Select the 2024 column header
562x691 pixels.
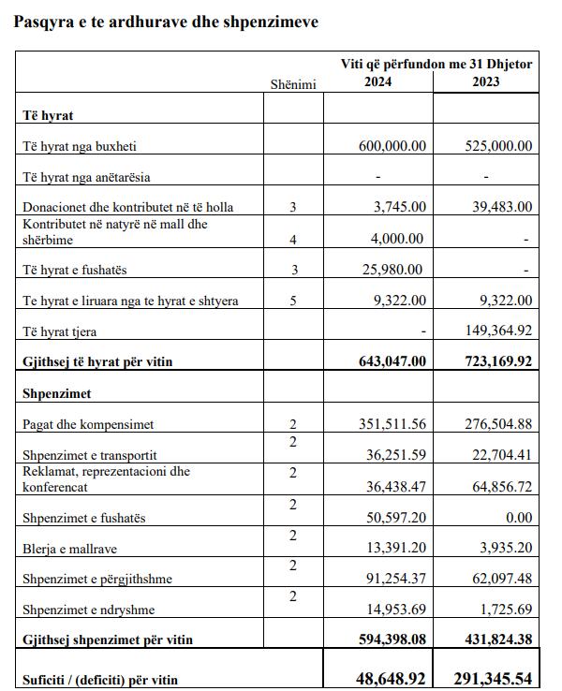(377, 81)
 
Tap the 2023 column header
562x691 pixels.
(486, 81)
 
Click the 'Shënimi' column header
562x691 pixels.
(293, 84)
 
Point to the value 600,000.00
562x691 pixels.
(392, 146)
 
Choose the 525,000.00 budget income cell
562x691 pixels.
(498, 146)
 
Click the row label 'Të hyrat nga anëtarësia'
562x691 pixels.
(86, 176)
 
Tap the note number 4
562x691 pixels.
(293, 240)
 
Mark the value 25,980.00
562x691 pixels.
(396, 270)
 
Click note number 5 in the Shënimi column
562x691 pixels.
(293, 301)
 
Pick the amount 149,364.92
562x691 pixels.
(498, 331)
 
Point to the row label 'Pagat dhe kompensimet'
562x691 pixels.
(87, 425)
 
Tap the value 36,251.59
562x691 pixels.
(396, 456)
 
